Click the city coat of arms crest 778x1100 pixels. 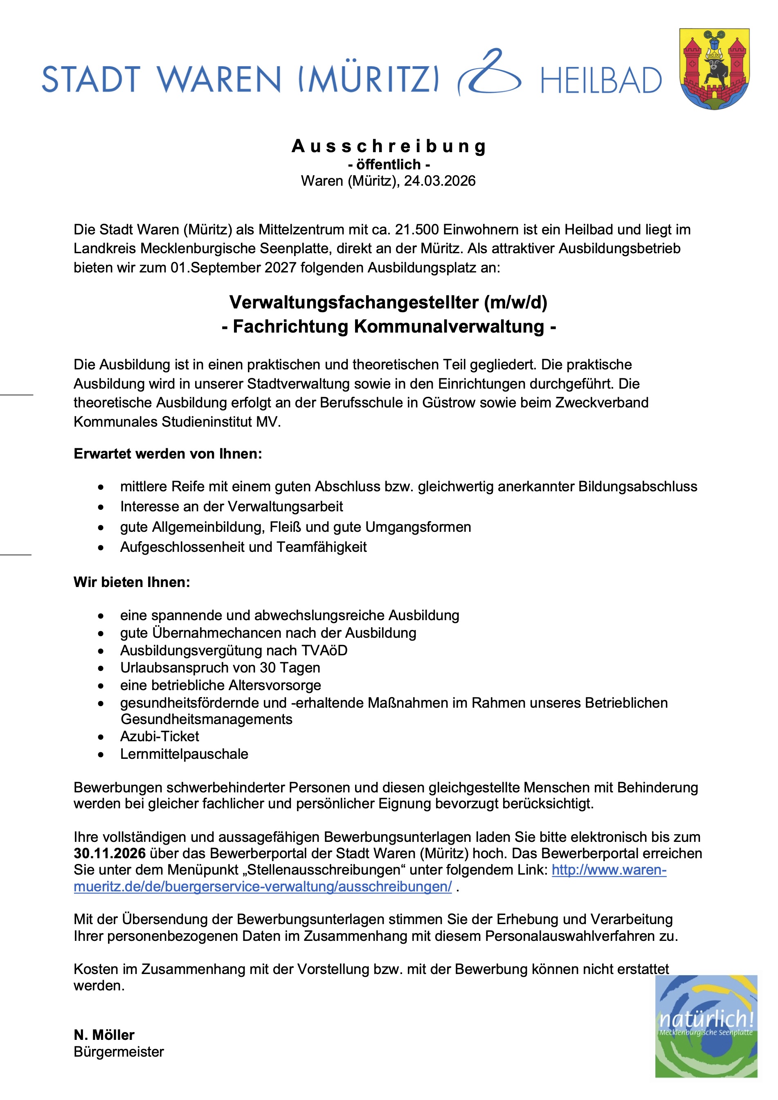point(714,68)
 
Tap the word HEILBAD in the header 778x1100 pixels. point(601,81)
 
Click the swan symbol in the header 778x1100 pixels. point(490,73)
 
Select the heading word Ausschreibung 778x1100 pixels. point(389,146)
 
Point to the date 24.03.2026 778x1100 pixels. point(439,181)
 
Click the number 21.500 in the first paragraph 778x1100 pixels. point(417,230)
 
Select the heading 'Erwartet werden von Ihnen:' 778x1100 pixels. point(168,454)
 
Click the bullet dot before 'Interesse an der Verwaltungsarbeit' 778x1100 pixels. point(101,507)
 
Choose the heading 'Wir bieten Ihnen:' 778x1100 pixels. point(132,583)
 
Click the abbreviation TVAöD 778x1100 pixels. point(324,650)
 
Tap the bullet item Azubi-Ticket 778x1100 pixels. point(160,736)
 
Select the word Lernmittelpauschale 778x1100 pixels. point(184,754)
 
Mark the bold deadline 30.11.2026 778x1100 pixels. point(110,853)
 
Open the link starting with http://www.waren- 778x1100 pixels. point(609,870)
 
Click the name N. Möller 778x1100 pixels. point(104,1035)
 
